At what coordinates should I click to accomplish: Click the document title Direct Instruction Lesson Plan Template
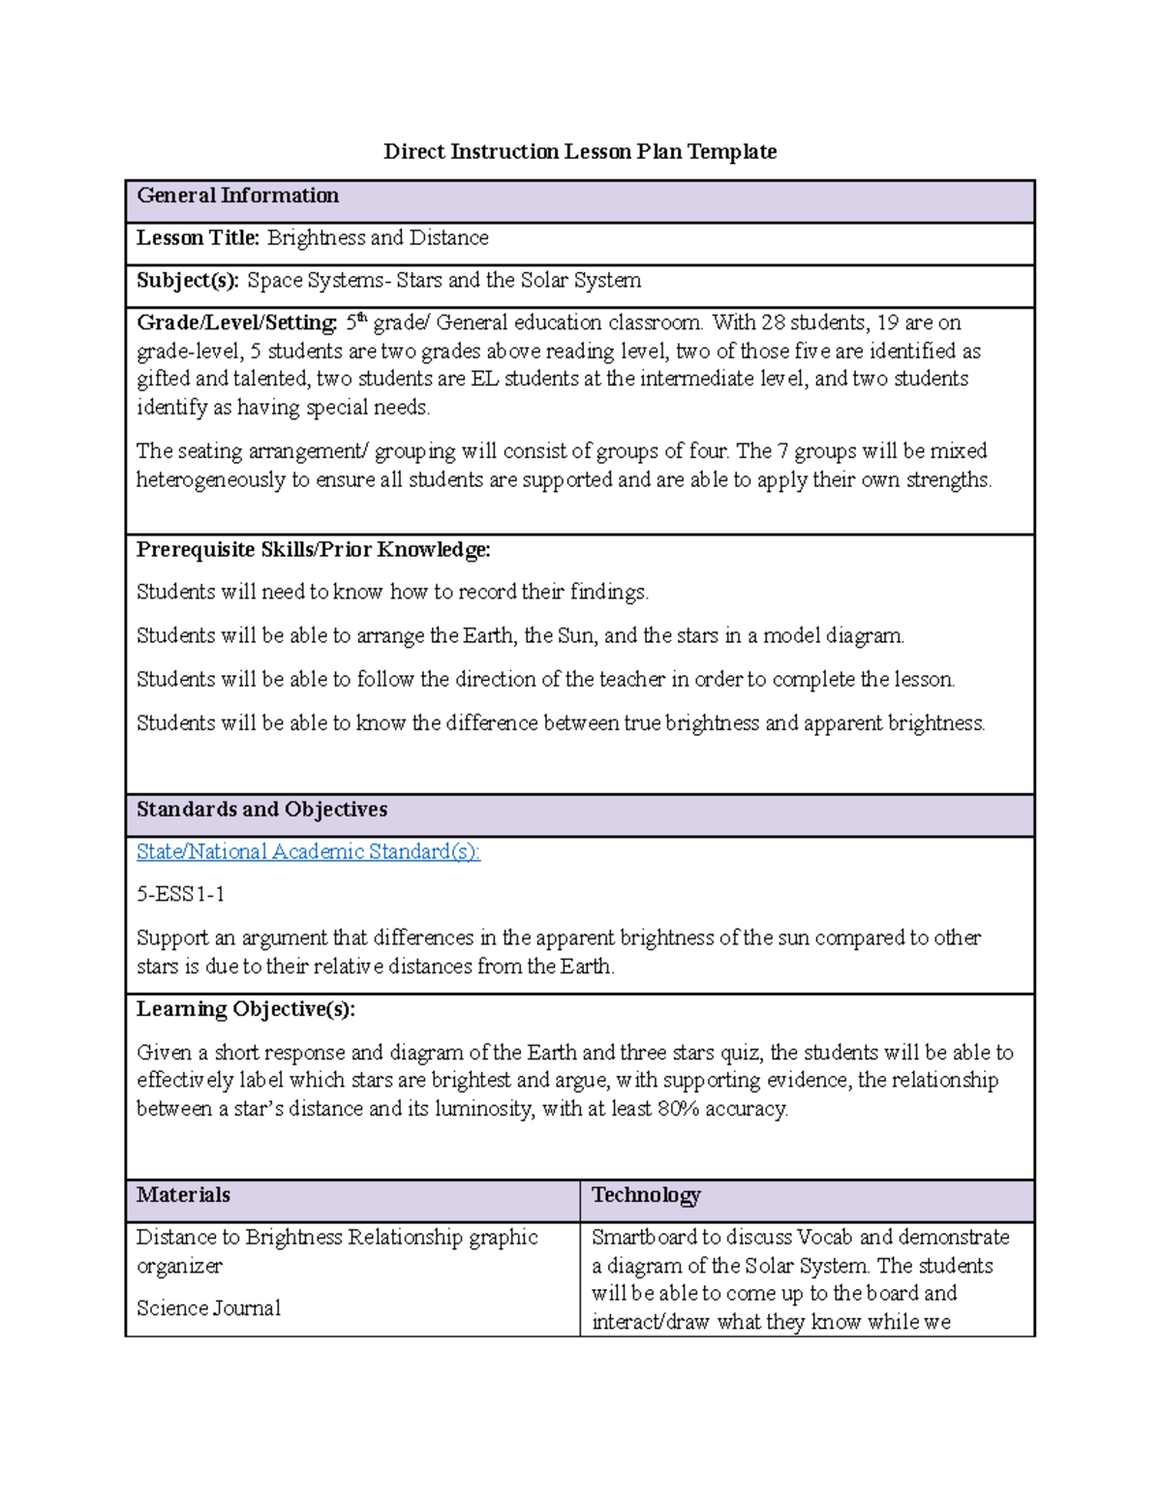pos(580,152)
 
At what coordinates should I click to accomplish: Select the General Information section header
pos(237,197)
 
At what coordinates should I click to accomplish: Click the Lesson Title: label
pos(198,238)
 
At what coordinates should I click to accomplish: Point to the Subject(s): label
pos(187,281)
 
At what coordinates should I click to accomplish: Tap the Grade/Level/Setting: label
pos(237,323)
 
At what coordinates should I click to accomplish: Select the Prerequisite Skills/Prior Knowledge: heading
pos(313,550)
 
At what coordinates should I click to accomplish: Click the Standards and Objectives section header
pos(261,810)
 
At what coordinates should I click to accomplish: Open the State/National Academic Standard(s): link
pos(308,852)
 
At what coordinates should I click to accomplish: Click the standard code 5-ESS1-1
pos(181,895)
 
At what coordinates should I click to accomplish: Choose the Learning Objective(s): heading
pos(246,1009)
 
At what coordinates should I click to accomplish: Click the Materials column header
pos(183,1195)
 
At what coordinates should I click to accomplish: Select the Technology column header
pos(646,1195)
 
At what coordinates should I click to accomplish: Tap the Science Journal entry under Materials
pos(208,1308)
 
